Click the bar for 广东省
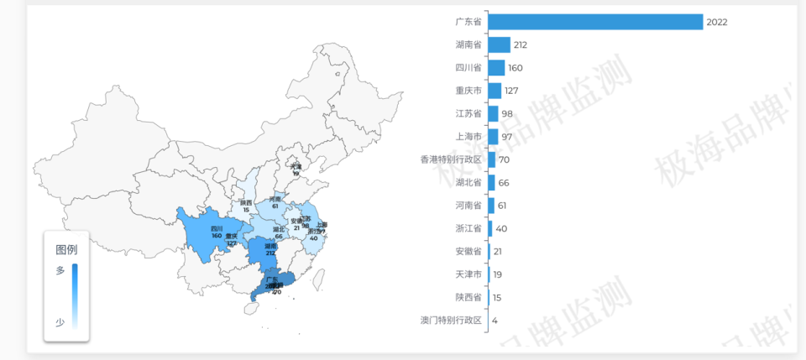(594, 22)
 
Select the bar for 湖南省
(499, 44)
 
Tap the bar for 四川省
(496, 68)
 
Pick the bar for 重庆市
(495, 91)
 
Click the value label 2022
(717, 22)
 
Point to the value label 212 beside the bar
(521, 44)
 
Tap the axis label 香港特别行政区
(451, 159)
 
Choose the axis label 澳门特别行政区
(451, 320)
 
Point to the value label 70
(504, 159)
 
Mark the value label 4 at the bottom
(495, 320)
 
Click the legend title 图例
(66, 249)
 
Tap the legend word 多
(60, 270)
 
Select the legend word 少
(60, 322)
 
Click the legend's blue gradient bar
(75, 295)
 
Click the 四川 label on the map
(217, 229)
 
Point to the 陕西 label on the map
(245, 203)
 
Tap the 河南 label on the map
(275, 199)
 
